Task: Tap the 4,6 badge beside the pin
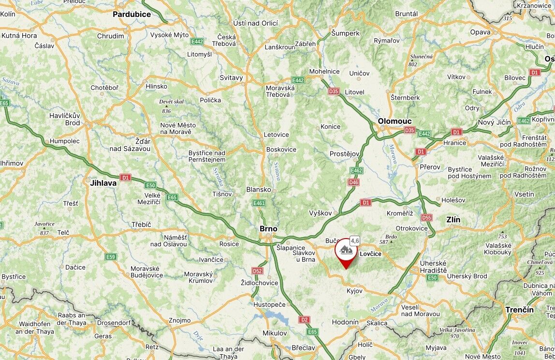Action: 355,240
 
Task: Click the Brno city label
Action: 268,228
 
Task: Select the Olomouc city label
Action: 394,121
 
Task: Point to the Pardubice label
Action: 131,15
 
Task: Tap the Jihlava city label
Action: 103,183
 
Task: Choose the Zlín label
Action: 453,220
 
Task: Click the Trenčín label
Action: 519,310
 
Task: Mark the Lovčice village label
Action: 371,254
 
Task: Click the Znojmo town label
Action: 179,320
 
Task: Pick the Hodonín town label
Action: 345,322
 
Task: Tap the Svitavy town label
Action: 231,77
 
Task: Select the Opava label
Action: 480,32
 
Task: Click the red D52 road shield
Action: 257,271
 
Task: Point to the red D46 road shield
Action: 353,182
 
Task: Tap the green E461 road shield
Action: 259,203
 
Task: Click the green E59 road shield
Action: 111,256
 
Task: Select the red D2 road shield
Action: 304,319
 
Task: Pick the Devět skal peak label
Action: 171,102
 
